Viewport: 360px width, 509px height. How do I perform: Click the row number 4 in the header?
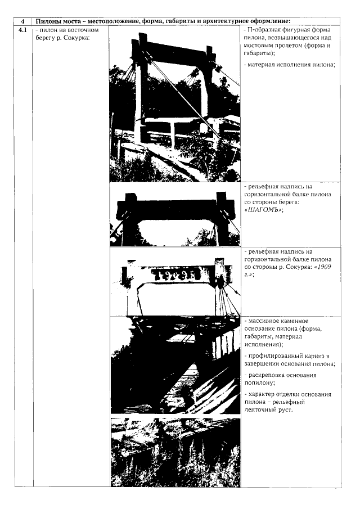(22, 21)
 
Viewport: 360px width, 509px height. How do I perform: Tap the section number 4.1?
(23, 30)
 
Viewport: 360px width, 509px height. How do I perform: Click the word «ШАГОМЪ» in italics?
(262, 210)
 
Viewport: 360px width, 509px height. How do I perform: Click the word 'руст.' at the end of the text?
(286, 410)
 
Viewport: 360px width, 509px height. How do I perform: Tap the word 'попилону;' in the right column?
(259, 382)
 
